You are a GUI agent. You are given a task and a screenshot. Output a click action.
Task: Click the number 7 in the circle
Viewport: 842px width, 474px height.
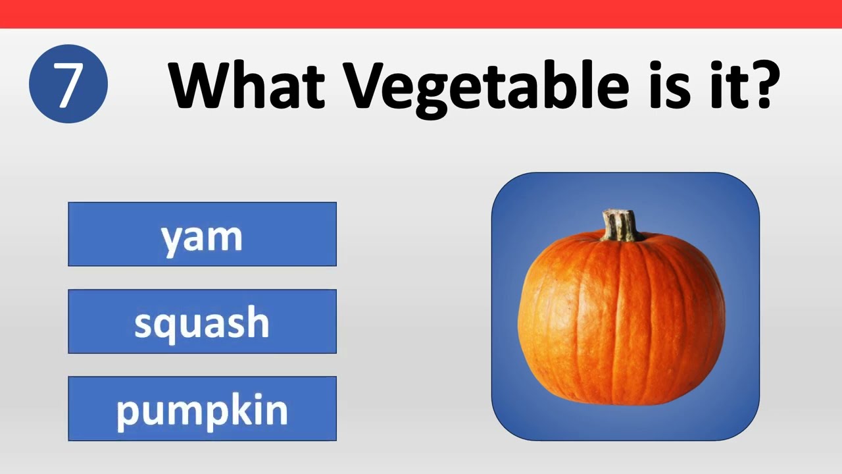tap(68, 84)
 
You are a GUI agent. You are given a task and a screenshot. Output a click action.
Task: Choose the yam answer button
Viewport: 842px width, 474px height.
tap(202, 234)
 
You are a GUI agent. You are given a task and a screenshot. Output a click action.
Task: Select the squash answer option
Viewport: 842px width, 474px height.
tap(202, 321)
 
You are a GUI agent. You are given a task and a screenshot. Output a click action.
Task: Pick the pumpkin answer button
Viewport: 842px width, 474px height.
tap(202, 409)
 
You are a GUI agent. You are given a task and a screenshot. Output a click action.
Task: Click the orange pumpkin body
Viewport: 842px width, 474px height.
tap(621, 323)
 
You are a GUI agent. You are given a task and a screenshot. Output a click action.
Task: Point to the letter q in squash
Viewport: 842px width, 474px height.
tap(168, 325)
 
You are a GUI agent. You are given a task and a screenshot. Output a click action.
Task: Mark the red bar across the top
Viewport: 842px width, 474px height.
tap(421, 14)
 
